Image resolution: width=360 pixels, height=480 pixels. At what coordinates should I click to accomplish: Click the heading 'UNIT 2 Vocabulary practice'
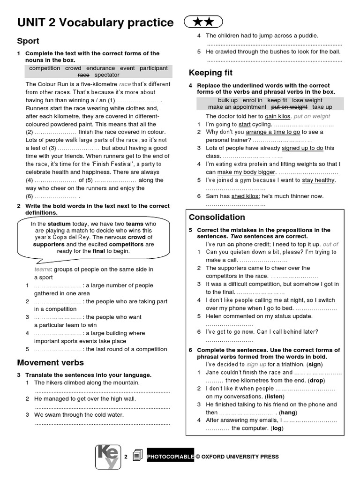click(95, 22)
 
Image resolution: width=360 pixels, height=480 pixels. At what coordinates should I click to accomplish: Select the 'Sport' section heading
click(28, 41)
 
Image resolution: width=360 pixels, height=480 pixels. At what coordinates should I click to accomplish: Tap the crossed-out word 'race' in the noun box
click(83, 75)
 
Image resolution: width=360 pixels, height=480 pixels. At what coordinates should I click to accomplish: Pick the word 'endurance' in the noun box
click(100, 68)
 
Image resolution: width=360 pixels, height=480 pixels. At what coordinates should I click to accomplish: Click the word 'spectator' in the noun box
click(107, 75)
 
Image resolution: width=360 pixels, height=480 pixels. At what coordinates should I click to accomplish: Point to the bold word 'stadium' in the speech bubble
click(59, 224)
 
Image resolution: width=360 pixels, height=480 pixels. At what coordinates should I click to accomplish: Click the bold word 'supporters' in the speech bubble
click(48, 244)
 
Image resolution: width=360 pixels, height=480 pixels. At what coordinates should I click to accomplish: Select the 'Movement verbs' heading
click(50, 362)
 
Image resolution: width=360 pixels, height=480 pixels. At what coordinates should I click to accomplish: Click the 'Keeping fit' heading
click(210, 73)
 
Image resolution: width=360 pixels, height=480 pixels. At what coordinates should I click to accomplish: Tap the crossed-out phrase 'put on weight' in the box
click(290, 107)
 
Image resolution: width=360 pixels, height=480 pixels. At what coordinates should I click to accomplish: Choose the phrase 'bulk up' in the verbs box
click(228, 100)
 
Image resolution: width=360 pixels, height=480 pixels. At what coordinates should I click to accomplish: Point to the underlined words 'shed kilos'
click(245, 196)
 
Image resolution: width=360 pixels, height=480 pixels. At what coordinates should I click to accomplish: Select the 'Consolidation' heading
click(217, 217)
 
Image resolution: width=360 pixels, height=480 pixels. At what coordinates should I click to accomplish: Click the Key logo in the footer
click(108, 456)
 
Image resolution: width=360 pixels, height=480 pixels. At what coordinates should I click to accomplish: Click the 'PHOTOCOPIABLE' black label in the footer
click(170, 457)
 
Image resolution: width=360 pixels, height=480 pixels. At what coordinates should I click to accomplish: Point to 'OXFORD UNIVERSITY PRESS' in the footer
click(240, 457)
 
